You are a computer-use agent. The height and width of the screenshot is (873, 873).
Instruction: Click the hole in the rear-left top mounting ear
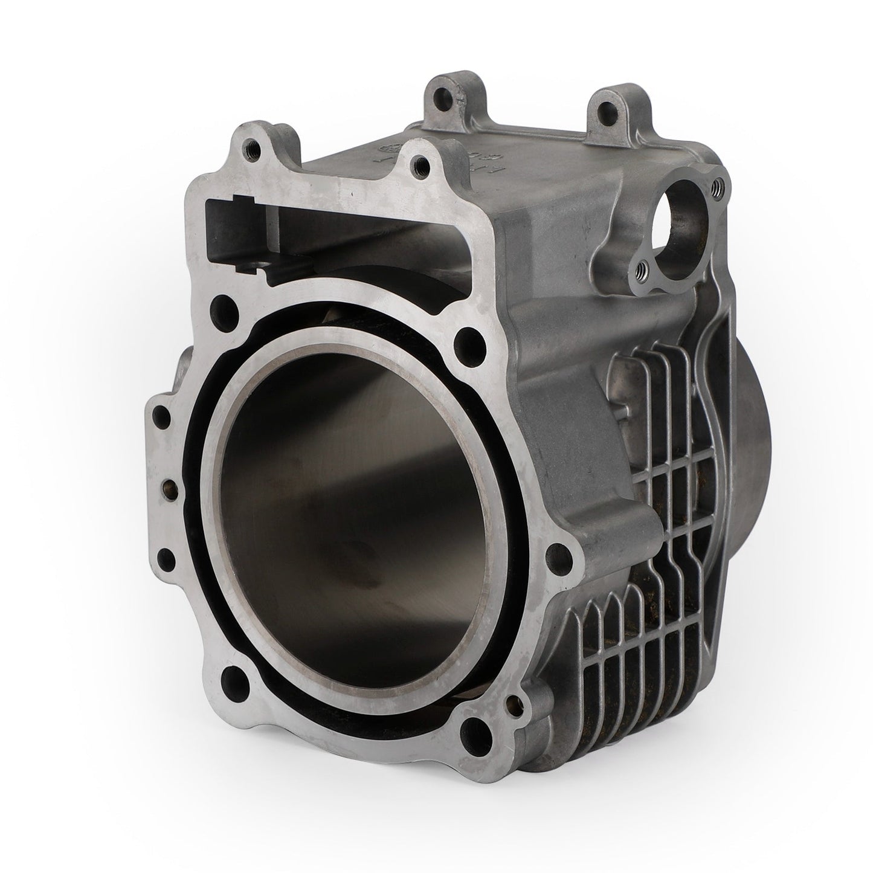click(x=447, y=98)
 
